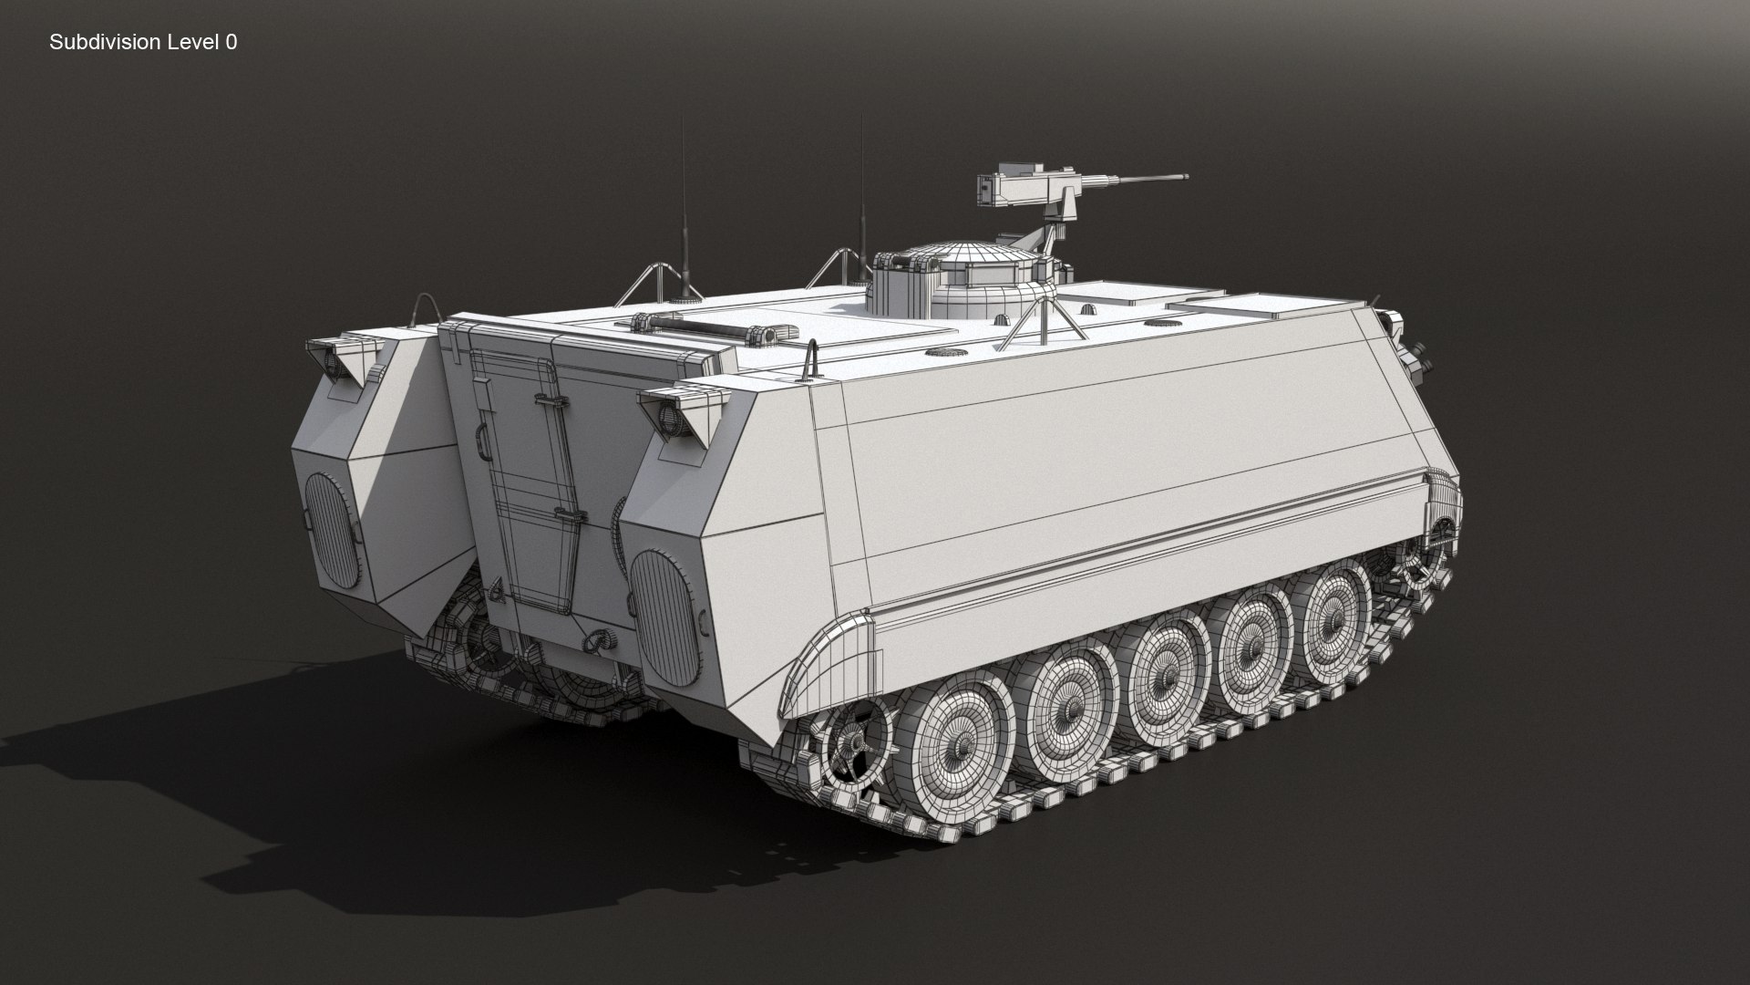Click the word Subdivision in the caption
(105, 42)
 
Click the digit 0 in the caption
(232, 42)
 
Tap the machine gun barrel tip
(1185, 177)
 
